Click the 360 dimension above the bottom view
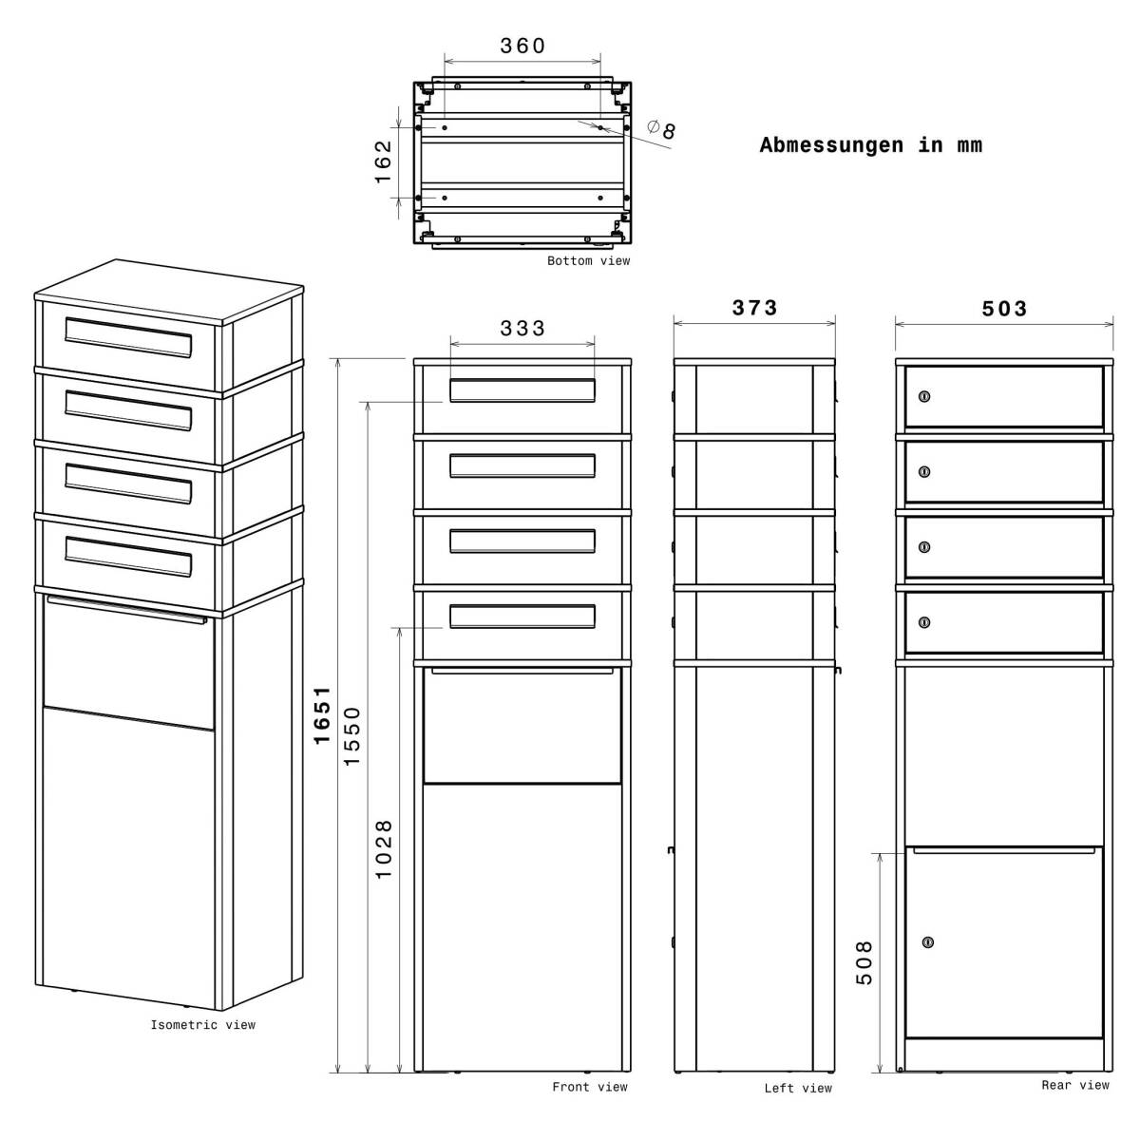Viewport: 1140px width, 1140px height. tap(522, 46)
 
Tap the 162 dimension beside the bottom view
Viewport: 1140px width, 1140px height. tap(383, 161)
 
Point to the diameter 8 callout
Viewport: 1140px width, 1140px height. tap(662, 128)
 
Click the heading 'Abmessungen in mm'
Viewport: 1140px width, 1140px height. tap(870, 145)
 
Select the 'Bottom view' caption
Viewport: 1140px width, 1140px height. tap(588, 261)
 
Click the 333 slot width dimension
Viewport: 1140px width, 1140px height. tap(522, 328)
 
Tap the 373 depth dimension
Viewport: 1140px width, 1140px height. tap(754, 308)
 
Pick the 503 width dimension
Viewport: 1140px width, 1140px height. tap(1004, 309)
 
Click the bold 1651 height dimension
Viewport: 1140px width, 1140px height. tap(322, 714)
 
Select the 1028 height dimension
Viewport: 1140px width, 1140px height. tap(383, 848)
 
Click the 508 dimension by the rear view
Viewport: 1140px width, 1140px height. tap(864, 961)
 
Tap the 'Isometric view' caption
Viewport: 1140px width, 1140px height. tap(202, 1025)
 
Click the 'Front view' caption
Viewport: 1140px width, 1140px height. tap(590, 1087)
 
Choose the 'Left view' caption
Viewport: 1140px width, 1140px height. tap(798, 1089)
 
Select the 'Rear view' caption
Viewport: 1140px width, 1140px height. tap(1074, 1085)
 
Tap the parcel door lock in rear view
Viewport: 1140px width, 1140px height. tap(928, 942)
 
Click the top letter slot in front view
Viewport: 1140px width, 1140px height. tap(522, 390)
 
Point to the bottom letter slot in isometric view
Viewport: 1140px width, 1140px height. tap(128, 556)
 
